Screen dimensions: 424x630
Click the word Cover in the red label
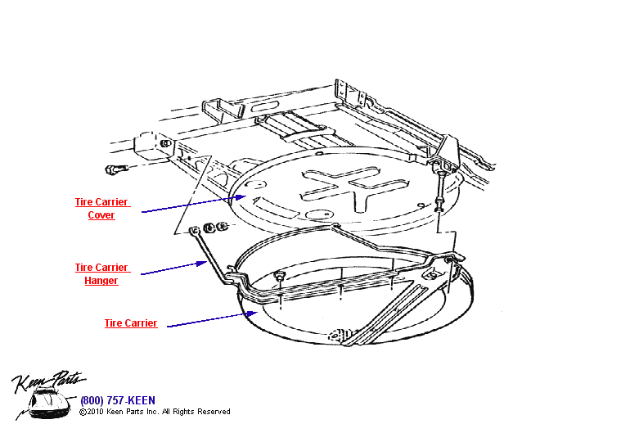(101, 215)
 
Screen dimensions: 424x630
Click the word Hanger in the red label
(101, 281)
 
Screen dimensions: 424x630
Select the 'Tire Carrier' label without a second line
(130, 323)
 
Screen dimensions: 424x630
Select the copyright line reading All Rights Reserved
(155, 412)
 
